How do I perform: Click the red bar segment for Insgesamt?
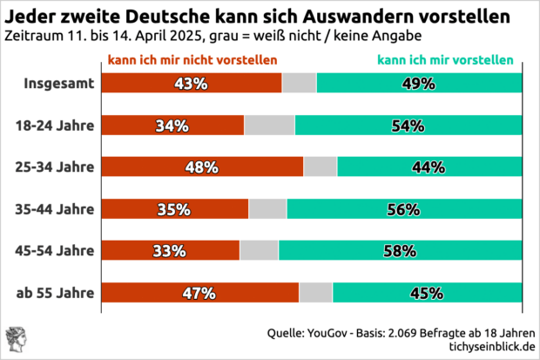coord(192,83)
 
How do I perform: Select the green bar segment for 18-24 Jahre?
coord(408,125)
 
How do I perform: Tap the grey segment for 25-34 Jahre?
coord(320,166)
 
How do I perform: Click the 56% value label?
coord(403,209)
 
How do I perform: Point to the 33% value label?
coord(170,251)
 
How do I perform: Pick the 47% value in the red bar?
coord(199,293)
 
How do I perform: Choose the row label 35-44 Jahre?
coord(54,209)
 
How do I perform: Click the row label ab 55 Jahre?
coord(56,293)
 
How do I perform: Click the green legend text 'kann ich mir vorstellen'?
coord(444,60)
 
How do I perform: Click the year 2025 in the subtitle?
coord(177,37)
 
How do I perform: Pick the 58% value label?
coord(400,251)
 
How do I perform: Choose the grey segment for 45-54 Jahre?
coord(259,251)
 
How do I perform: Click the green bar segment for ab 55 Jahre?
coord(427,293)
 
